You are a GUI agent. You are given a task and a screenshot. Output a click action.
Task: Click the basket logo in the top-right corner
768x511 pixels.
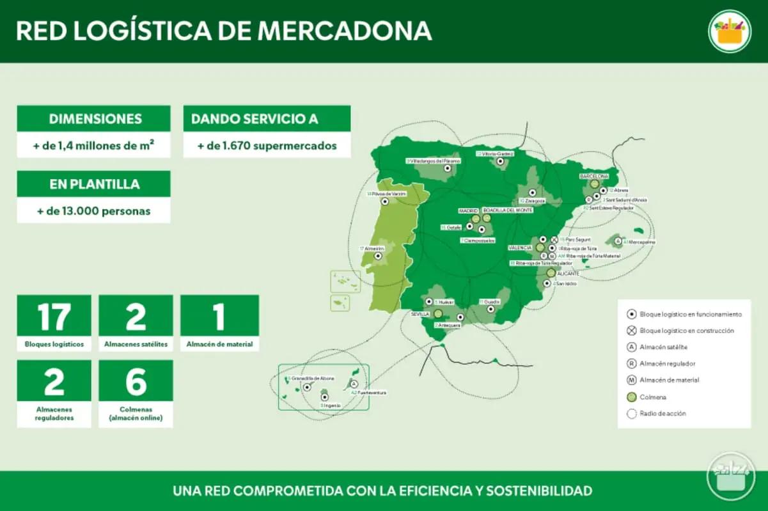click(730, 31)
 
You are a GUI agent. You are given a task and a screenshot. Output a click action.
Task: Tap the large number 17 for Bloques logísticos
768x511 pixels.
click(54, 317)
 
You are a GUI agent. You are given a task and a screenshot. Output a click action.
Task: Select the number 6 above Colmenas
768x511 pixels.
click(136, 382)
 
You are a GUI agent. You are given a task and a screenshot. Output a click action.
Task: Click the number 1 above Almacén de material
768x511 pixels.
click(219, 317)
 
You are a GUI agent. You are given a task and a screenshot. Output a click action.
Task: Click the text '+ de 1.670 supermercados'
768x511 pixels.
click(267, 145)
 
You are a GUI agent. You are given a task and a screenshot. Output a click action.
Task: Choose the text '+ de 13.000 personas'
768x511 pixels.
click(93, 210)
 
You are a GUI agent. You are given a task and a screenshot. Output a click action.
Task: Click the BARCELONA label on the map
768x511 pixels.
click(593, 175)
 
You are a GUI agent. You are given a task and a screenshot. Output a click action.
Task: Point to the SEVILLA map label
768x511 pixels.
click(420, 314)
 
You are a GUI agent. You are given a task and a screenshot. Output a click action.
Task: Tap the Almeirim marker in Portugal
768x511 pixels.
click(378, 255)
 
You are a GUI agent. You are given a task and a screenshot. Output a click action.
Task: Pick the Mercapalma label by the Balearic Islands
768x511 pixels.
click(642, 242)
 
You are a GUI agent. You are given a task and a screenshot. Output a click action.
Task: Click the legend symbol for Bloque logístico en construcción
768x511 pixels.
click(631, 331)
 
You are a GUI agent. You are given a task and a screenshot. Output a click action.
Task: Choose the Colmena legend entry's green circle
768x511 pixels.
click(631, 397)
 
